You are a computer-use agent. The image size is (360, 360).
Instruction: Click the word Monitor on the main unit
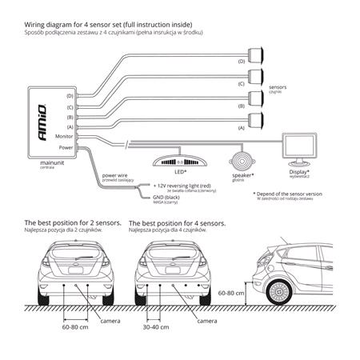click(65, 137)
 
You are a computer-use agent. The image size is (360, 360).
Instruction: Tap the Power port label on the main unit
click(67, 147)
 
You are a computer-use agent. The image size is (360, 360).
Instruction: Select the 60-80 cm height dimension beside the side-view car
click(231, 293)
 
